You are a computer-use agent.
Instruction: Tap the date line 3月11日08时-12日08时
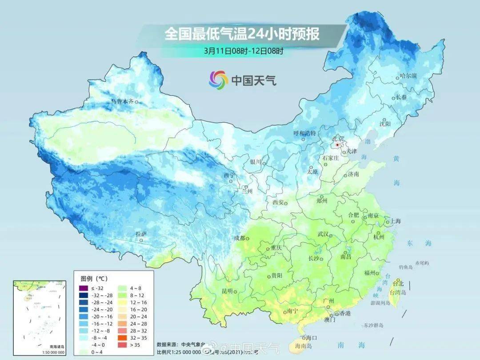tap(244, 51)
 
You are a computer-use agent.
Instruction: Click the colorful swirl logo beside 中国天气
tap(218, 80)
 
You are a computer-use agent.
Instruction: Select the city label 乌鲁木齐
tap(122, 101)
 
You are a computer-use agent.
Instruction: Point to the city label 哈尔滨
tap(408, 76)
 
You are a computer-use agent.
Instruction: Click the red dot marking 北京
tap(338, 145)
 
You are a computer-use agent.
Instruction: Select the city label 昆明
tap(227, 291)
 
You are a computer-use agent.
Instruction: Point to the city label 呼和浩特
tap(304, 133)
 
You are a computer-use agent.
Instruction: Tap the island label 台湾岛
tap(398, 292)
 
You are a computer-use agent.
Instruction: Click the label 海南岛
tap(304, 345)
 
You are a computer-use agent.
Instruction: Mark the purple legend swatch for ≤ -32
tap(84, 288)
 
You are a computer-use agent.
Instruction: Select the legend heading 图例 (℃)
tap(94, 279)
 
